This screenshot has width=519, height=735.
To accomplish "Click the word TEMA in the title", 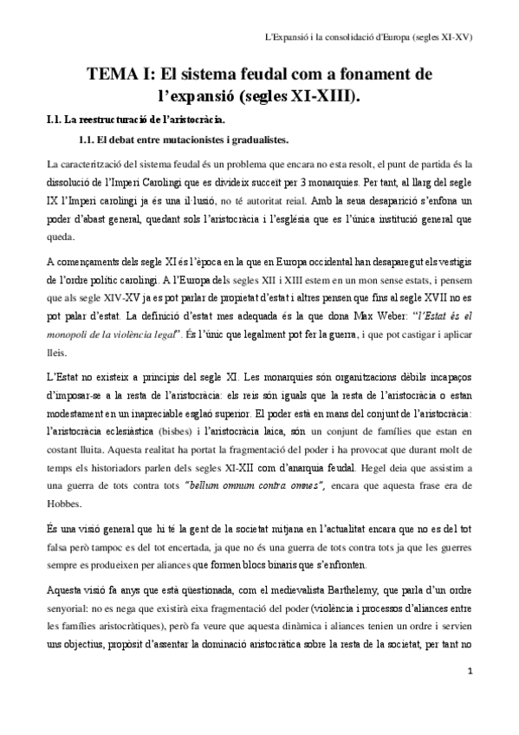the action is click(109, 75).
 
